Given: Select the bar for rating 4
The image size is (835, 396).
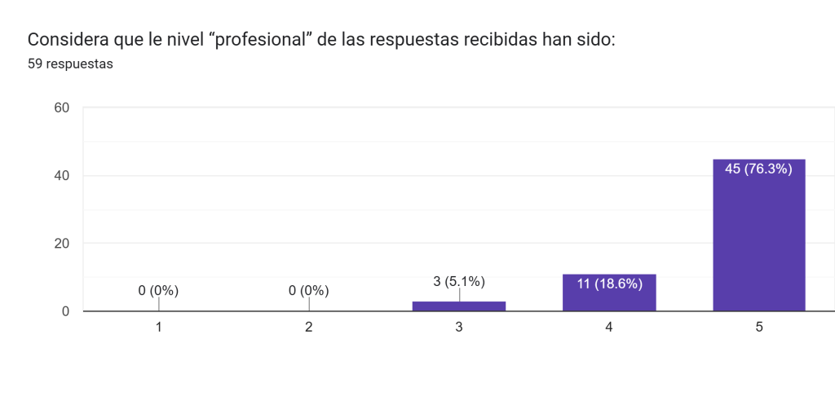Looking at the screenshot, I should (609, 293).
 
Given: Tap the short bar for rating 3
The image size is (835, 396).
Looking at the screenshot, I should (459, 306).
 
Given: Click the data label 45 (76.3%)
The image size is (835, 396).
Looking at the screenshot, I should (758, 169).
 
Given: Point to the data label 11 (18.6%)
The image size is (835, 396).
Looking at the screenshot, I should (609, 284).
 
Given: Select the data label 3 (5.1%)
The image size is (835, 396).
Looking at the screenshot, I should (459, 282).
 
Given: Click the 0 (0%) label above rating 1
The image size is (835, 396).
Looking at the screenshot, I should (158, 290).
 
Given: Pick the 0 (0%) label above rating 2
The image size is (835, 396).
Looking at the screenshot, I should (309, 290).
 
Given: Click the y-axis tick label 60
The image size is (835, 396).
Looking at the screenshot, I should (62, 108).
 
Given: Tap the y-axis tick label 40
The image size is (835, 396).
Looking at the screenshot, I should (62, 175).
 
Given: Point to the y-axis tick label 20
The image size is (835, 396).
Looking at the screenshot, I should (62, 244).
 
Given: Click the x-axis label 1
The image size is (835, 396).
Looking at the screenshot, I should (158, 328).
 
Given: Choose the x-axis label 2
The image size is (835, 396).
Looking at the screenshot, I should (309, 328).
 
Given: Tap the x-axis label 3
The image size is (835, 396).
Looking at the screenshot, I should (459, 328).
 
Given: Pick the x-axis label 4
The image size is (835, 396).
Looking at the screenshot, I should (609, 328).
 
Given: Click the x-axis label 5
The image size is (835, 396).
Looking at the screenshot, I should (759, 328).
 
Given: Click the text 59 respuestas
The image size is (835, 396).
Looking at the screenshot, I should (70, 65).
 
